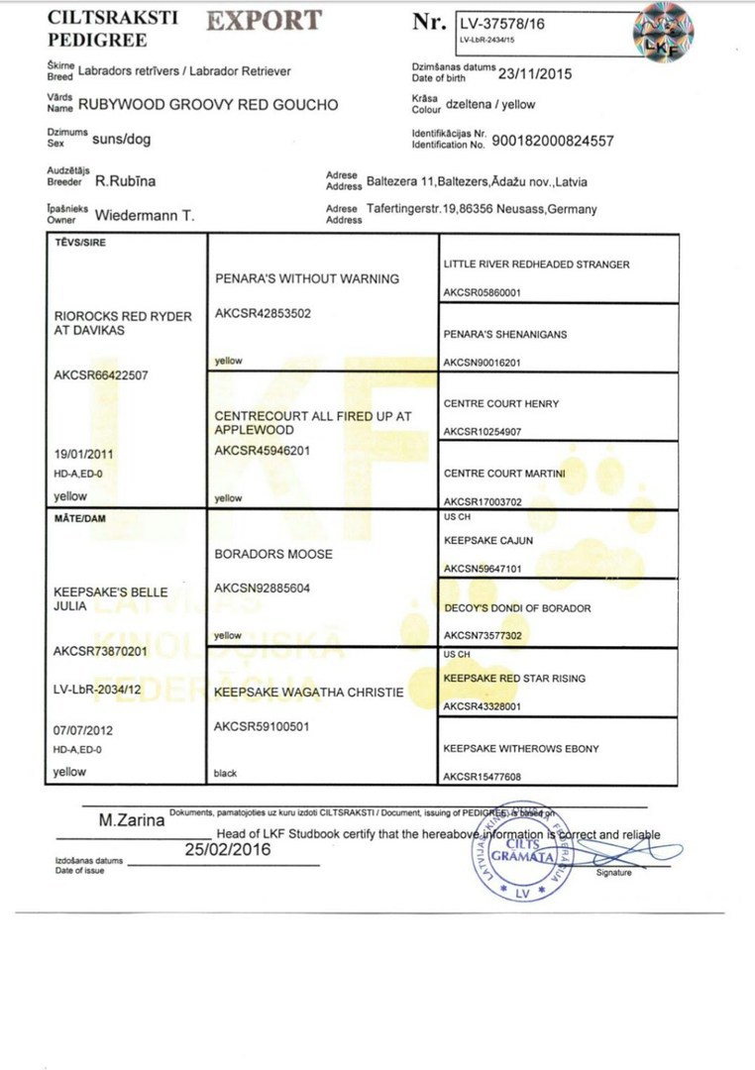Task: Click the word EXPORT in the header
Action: pyautogui.click(x=264, y=20)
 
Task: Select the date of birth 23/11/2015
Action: pyautogui.click(x=535, y=72)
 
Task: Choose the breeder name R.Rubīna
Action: pyautogui.click(x=126, y=182)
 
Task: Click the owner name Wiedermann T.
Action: pyautogui.click(x=145, y=215)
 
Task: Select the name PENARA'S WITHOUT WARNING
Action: pyautogui.click(x=307, y=278)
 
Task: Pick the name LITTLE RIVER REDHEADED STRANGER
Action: pyautogui.click(x=536, y=265)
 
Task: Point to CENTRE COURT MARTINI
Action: pyautogui.click(x=504, y=474)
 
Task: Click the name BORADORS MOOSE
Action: pyautogui.click(x=273, y=554)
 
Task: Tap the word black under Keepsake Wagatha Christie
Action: pyautogui.click(x=227, y=772)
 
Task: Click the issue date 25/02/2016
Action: pyautogui.click(x=227, y=850)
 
